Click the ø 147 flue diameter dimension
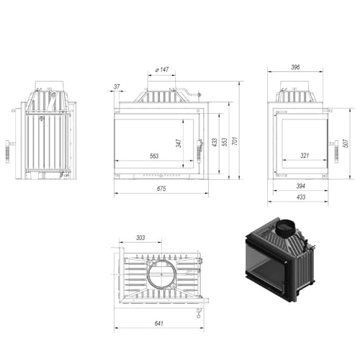coord(162,70)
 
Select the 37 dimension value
coord(117,87)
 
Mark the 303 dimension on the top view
coord(140,238)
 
